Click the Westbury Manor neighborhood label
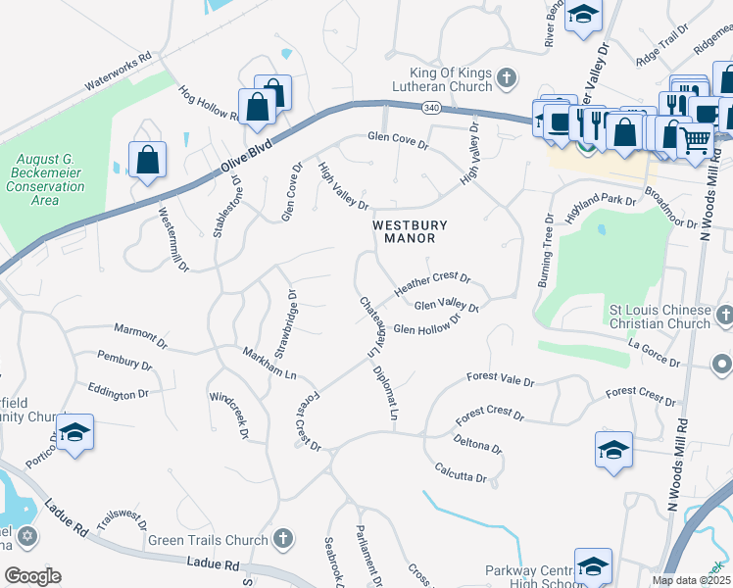coord(403,231)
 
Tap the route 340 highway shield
coord(431,106)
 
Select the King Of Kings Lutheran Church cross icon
coord(507,77)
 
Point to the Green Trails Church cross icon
coord(282,538)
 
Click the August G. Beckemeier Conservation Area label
coord(51,178)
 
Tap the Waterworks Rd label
coord(118,72)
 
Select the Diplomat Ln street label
coord(386,394)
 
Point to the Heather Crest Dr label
coord(432,285)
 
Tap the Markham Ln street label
coord(269,362)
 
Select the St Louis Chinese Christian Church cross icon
coord(722,316)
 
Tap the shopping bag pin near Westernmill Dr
coord(147,160)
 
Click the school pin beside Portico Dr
coord(74,433)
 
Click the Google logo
coord(32,576)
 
